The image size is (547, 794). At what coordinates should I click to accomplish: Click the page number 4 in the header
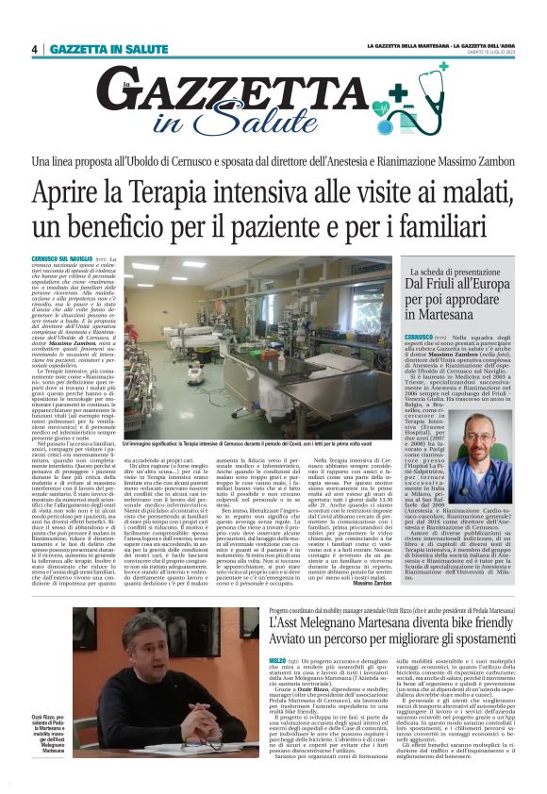tap(34, 49)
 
